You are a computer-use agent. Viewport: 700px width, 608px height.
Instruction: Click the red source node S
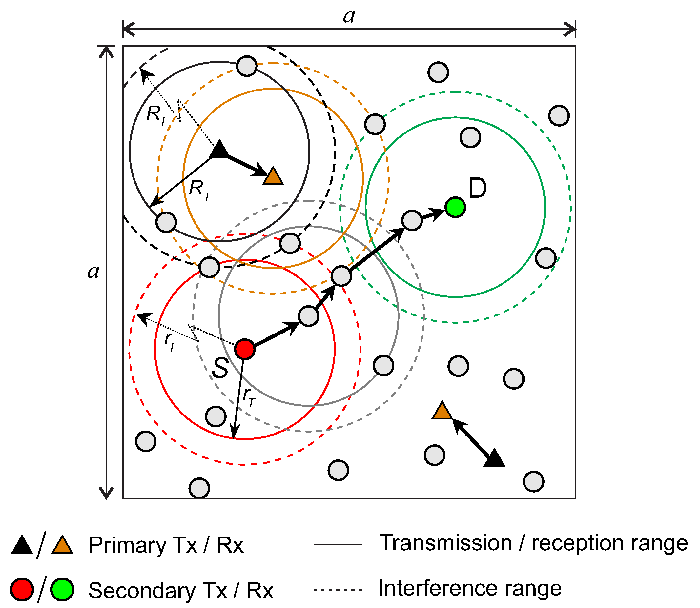[x=245, y=349]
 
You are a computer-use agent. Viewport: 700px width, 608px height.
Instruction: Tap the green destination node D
[x=455, y=207]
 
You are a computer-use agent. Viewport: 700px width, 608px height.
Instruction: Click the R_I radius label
[x=156, y=115]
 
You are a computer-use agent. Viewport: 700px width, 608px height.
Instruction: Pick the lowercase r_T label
[x=249, y=396]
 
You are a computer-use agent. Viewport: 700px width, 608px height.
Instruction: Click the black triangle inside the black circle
[x=219, y=150]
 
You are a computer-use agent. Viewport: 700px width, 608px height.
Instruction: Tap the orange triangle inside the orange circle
[x=273, y=177]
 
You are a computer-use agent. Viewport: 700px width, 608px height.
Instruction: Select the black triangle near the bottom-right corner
[x=494, y=458]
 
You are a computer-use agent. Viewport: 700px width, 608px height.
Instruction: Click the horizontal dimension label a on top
[x=349, y=16]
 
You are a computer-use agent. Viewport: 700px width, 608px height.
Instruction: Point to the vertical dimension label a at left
[x=93, y=272]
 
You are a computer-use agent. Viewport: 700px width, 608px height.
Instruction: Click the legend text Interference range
[x=470, y=588]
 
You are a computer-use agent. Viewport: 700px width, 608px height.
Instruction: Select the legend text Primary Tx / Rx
[x=166, y=545]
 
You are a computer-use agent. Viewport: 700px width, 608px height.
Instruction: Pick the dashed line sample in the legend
[x=338, y=589]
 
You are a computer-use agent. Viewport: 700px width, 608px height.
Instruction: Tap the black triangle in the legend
[x=22, y=545]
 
